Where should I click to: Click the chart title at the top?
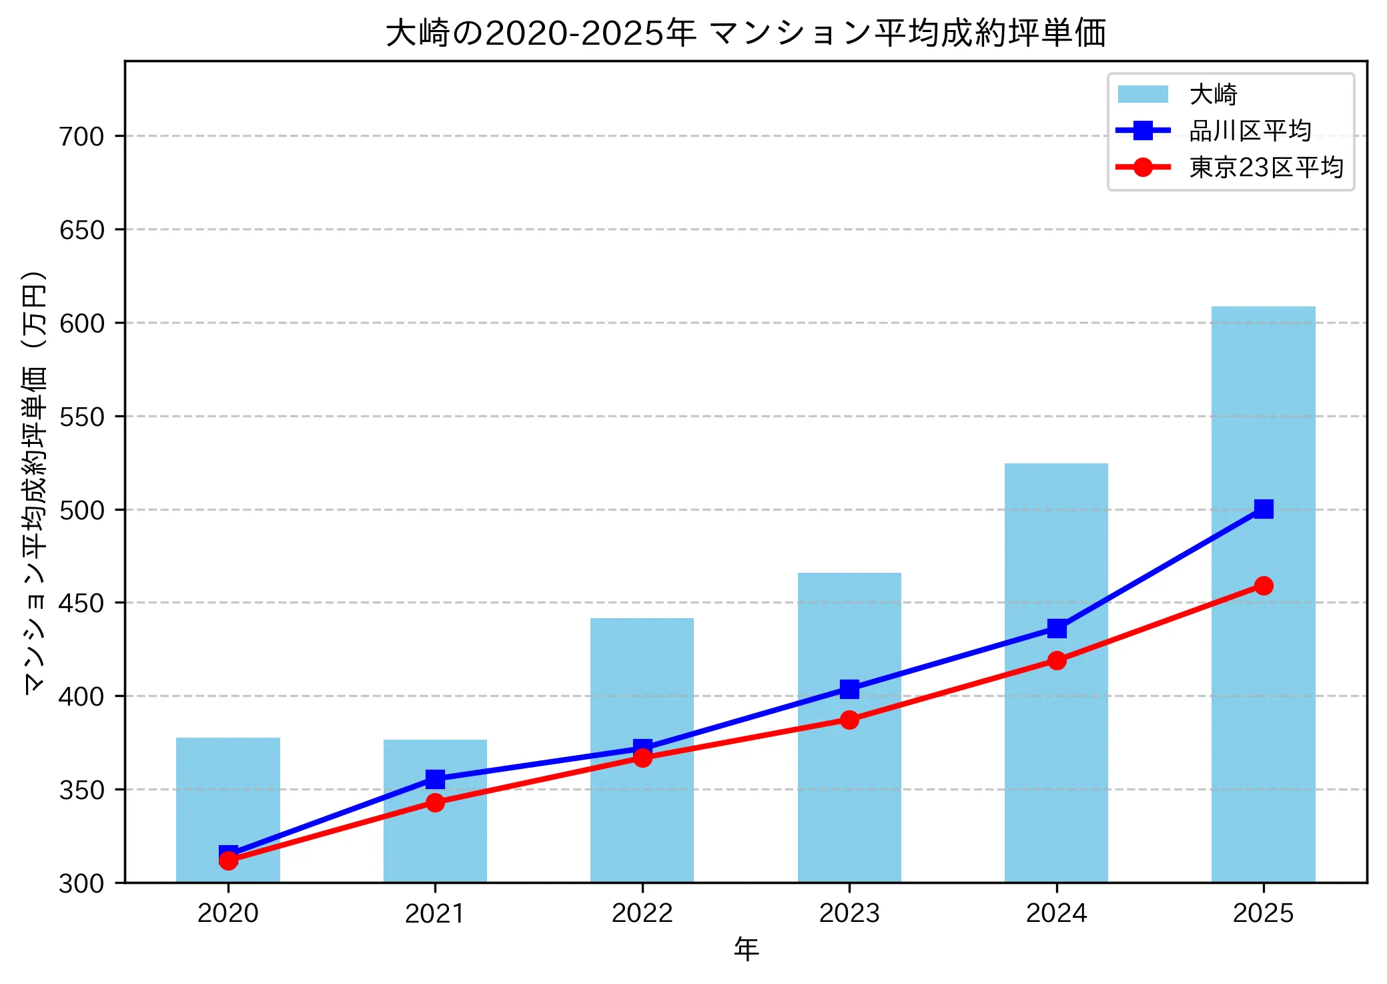click(x=746, y=33)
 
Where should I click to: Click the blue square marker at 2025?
click(x=1263, y=509)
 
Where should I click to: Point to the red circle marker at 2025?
click(x=1263, y=585)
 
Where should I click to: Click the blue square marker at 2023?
click(x=849, y=689)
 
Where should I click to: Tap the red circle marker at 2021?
click(x=435, y=802)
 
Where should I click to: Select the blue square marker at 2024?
click(x=1056, y=628)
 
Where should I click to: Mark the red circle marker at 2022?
click(x=642, y=758)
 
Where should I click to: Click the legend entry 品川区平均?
click(x=1250, y=131)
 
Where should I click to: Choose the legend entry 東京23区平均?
click(x=1266, y=167)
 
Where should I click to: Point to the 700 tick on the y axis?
click(x=82, y=136)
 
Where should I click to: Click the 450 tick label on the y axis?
click(x=82, y=603)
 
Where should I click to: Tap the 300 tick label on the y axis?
click(x=82, y=883)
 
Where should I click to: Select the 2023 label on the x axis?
click(x=849, y=913)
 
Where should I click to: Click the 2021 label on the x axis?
click(x=435, y=913)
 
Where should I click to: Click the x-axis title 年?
click(x=746, y=949)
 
